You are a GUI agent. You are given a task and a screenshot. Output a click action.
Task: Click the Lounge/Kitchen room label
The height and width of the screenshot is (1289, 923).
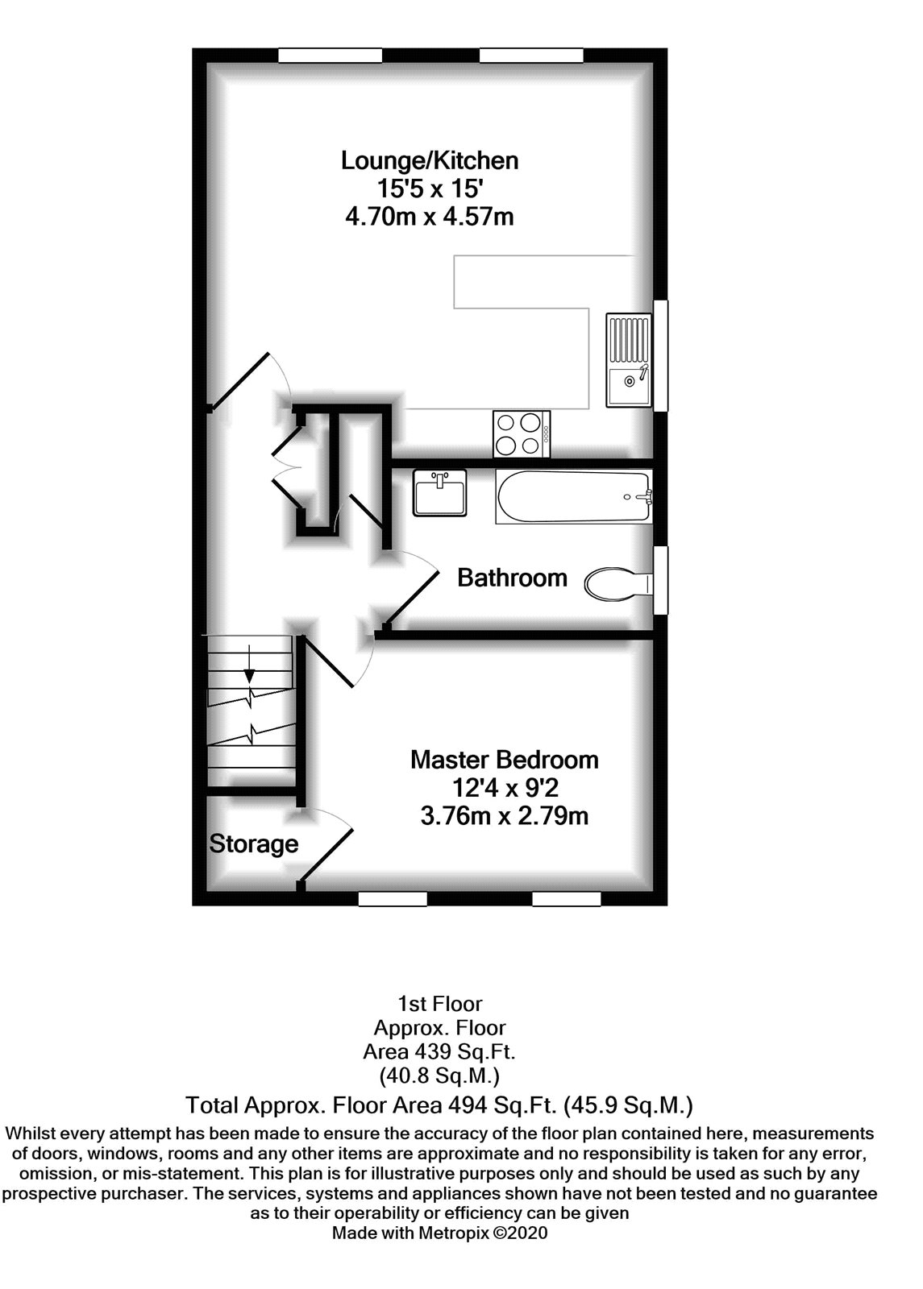(x=430, y=160)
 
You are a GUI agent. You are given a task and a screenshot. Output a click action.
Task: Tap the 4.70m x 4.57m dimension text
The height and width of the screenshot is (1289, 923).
(x=430, y=217)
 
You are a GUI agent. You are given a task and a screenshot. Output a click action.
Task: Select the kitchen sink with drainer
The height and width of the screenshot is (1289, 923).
(x=628, y=359)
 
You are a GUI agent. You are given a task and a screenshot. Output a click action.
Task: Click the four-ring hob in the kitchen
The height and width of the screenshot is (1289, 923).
(x=521, y=434)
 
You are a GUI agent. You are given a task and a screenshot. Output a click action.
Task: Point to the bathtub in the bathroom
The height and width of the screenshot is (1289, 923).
(x=574, y=497)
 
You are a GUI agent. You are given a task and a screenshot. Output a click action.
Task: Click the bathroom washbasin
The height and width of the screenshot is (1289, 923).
(x=440, y=492)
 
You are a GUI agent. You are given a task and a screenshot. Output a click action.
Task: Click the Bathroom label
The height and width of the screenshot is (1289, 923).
(x=512, y=578)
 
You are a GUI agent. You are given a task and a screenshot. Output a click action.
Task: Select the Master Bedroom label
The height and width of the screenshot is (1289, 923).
(x=505, y=761)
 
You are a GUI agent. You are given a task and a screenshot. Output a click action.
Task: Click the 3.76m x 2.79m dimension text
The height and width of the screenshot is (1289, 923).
(x=505, y=817)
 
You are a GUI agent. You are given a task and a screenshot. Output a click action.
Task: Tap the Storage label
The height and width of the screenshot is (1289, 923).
(x=253, y=844)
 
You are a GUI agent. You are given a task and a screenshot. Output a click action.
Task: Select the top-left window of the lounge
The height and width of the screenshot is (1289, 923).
(x=330, y=56)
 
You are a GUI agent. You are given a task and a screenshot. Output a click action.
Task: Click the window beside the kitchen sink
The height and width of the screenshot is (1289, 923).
(x=660, y=355)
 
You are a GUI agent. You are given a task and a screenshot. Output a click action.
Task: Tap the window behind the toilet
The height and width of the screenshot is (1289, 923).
(x=660, y=581)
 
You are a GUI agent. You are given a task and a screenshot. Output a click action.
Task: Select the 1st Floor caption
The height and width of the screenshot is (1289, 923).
(x=440, y=1004)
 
